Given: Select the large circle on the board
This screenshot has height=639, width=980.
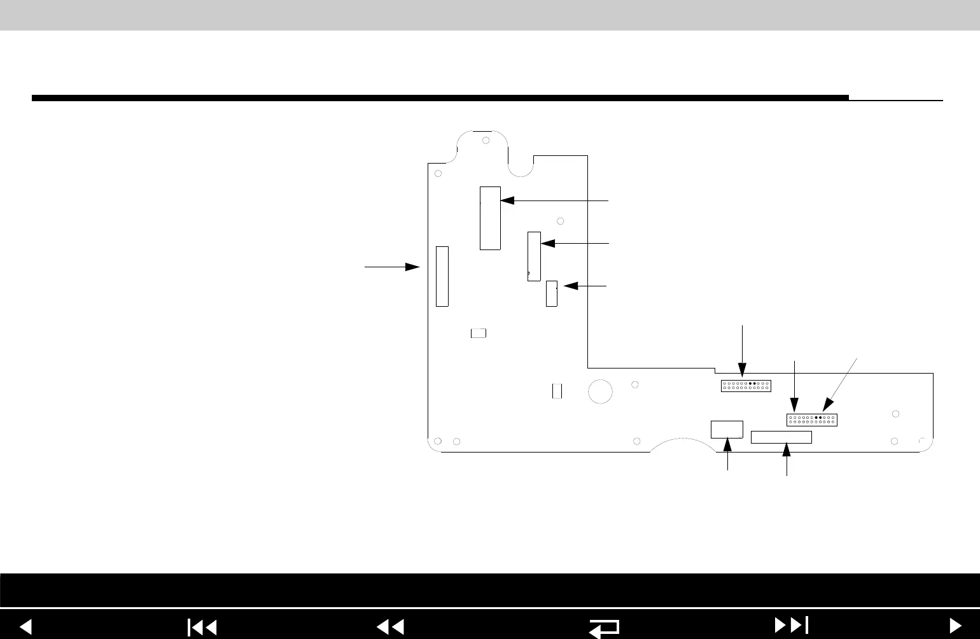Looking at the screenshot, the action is pos(600,391).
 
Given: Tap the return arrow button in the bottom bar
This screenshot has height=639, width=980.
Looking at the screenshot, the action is pos(604,627).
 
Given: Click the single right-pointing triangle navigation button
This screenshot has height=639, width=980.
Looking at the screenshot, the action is pos(955,626).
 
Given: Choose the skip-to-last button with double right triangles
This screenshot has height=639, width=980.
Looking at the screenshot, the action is pos(791,626).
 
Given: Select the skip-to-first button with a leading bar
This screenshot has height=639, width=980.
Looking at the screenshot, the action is pos(202,627).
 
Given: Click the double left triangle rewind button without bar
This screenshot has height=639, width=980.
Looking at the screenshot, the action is pos(391,627).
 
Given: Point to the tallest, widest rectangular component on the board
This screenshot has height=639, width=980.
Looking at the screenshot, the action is pos(490,218).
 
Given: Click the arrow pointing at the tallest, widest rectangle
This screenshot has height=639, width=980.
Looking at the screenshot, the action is pos(554,200).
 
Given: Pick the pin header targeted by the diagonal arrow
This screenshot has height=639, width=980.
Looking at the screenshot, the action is pos(811,419).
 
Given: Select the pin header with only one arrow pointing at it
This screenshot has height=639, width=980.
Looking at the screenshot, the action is pos(745,386).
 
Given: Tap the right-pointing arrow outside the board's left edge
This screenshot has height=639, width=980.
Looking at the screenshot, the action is pos(392,267).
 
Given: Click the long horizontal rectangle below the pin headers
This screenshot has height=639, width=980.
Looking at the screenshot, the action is pos(781,437).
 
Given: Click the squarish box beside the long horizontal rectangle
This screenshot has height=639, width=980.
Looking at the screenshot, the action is pos(727,429).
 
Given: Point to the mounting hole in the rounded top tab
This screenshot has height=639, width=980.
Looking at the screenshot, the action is pos(486,140).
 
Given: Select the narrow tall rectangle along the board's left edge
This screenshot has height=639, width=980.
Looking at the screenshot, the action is pos(442,276).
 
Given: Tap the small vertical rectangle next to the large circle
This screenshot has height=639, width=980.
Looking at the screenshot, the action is pos(557,391).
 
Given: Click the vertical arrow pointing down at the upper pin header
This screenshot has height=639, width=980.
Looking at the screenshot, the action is pos(743,350).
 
